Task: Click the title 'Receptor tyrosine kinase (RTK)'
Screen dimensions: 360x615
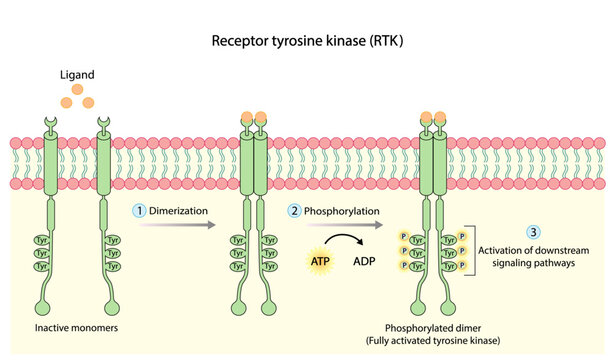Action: click(306, 43)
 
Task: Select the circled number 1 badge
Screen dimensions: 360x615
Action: click(140, 211)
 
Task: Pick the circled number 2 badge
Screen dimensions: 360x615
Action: click(294, 211)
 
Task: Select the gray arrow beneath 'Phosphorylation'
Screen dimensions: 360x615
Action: click(334, 226)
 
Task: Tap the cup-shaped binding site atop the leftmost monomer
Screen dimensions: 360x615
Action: click(50, 124)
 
